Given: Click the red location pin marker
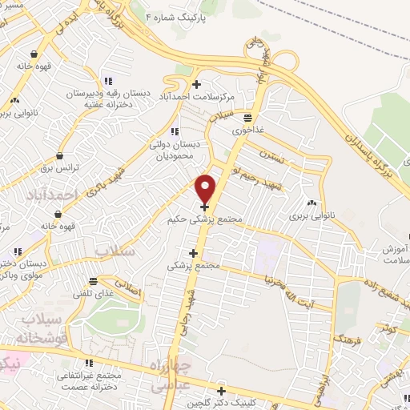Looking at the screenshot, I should tap(206, 188).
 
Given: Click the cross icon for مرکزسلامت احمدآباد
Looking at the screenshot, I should tap(196, 85).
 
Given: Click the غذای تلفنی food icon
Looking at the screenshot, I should tap(94, 282).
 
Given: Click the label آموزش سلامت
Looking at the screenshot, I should tap(395, 255).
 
